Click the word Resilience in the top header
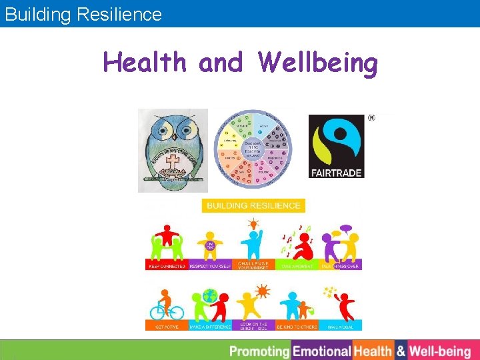[x=123, y=14]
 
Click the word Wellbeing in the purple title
[x=319, y=63]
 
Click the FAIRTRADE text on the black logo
[x=337, y=173]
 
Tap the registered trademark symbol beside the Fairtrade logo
[x=371, y=118]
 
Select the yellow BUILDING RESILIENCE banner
[x=253, y=205]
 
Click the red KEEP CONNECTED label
[x=167, y=265]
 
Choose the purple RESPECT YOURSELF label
[x=210, y=265]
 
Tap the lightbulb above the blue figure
[x=253, y=223]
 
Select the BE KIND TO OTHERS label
[x=297, y=327]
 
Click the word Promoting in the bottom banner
[x=259, y=351]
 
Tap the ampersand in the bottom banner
[x=401, y=351]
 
